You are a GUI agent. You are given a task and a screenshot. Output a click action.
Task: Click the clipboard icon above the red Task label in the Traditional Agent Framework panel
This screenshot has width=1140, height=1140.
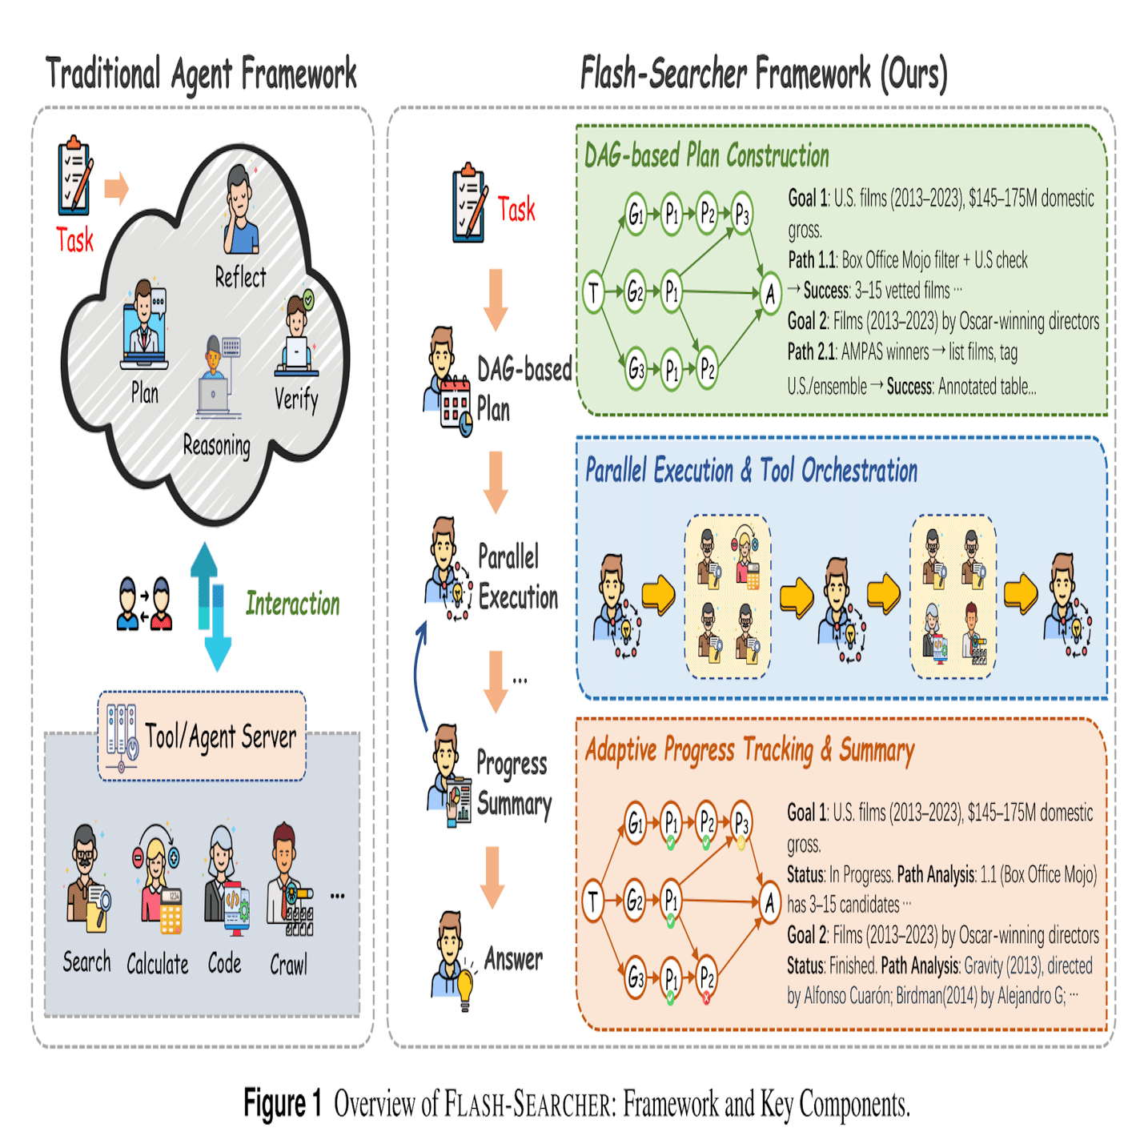point(74,179)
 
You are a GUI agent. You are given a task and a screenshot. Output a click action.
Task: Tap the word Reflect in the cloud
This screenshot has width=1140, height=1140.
point(240,277)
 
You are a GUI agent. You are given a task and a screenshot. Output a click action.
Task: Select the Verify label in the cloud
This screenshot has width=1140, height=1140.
point(296,398)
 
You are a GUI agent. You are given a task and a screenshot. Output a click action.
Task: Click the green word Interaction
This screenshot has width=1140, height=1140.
point(292,604)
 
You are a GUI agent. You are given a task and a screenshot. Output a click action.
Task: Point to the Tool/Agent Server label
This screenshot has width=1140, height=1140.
point(220,736)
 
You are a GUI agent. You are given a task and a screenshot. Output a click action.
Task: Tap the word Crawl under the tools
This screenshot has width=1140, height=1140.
point(288,965)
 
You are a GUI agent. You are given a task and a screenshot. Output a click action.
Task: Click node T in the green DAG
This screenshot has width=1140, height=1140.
point(593,292)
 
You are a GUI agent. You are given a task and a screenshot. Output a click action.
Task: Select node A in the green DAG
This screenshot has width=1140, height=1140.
point(769,294)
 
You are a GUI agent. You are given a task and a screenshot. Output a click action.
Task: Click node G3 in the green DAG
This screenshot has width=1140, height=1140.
point(636,369)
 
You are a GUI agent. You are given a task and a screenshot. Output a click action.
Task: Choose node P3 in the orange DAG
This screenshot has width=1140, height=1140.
point(741,821)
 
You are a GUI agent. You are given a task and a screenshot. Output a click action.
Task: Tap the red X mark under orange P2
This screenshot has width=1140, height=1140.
point(706,998)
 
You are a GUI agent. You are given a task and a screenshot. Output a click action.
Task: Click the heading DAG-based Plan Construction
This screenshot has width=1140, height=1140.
point(706,155)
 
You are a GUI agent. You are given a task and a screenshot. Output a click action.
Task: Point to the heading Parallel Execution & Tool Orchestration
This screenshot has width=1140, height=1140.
point(751,470)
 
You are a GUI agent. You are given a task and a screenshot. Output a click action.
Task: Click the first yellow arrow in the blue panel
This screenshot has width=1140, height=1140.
point(658,596)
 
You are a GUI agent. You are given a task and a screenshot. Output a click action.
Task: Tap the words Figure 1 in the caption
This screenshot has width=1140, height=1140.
point(282,1103)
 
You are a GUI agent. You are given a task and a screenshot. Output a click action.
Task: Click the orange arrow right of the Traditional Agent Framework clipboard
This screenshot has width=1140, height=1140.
point(117,188)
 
